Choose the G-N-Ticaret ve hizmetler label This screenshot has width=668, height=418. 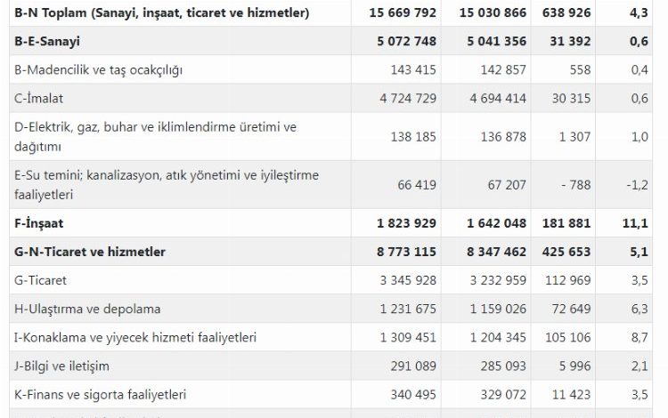91,252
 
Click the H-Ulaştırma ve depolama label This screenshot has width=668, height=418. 88,309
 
